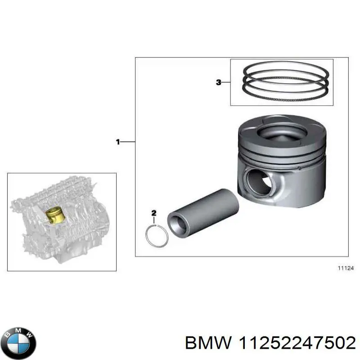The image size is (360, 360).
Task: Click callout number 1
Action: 118,142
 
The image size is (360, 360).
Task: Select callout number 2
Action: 154,212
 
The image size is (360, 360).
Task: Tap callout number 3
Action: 219,82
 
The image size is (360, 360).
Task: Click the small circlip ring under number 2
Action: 157,237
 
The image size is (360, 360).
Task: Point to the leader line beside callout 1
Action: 128,142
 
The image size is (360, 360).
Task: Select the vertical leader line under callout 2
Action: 154,220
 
